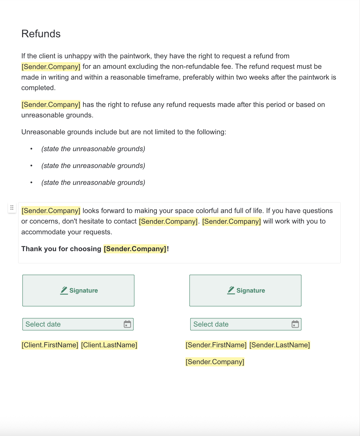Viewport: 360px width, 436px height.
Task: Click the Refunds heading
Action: [41, 34]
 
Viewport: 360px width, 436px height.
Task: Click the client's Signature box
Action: [78, 290]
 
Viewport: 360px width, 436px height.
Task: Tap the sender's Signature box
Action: [245, 290]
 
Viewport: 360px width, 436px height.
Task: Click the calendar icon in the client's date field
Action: [127, 324]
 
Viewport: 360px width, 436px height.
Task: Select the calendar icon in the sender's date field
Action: [295, 324]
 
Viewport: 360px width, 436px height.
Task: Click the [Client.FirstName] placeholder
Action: [50, 345]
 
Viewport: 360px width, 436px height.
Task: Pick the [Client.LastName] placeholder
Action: [109, 345]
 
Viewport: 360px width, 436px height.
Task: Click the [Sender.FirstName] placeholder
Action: [216, 345]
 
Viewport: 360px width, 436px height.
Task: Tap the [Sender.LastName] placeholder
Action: [280, 345]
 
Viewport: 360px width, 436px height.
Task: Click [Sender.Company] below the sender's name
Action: [215, 362]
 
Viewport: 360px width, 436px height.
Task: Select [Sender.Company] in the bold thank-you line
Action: [135, 249]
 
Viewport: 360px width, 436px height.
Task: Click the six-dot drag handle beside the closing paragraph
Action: [12, 208]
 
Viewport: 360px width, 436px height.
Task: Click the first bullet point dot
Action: [31, 149]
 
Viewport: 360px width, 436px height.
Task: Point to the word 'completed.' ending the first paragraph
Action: [38, 88]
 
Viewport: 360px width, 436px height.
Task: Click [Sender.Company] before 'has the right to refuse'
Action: [51, 104]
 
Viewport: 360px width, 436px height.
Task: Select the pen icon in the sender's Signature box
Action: [231, 290]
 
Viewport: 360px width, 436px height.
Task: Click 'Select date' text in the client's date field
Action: [43, 324]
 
